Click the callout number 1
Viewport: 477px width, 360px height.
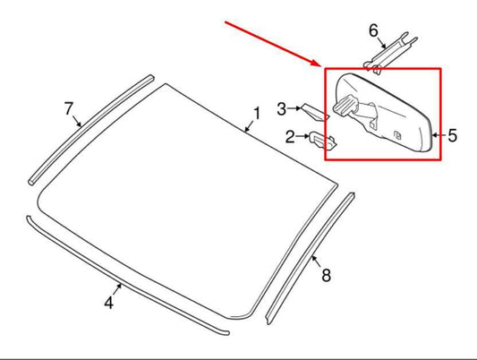tap(257, 114)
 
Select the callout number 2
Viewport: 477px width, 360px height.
tap(290, 137)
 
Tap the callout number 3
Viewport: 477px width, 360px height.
tap(282, 109)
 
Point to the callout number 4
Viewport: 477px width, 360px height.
tap(109, 303)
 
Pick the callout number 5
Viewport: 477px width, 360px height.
tap(452, 135)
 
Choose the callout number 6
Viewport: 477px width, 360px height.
tap(373, 30)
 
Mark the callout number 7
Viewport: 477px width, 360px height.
tap(69, 108)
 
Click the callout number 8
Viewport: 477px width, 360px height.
tap(326, 276)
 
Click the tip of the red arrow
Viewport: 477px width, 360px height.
tap(320, 65)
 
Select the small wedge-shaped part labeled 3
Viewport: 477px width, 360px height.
tap(314, 112)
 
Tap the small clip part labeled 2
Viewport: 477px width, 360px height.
tap(322, 140)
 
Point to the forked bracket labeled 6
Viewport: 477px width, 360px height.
tap(390, 53)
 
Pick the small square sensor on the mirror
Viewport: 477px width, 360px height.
tap(397, 135)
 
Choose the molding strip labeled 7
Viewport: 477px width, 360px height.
tap(91, 129)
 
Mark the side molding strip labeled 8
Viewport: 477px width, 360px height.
tap(311, 259)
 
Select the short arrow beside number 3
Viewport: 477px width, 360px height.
tap(294, 108)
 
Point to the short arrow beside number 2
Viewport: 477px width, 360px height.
tap(302, 136)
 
